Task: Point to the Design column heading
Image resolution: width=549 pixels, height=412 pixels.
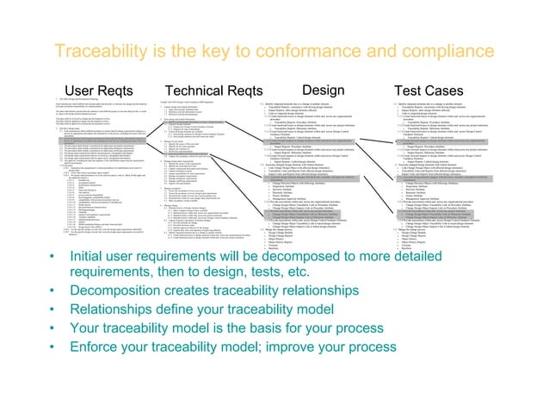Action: (x=324, y=90)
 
